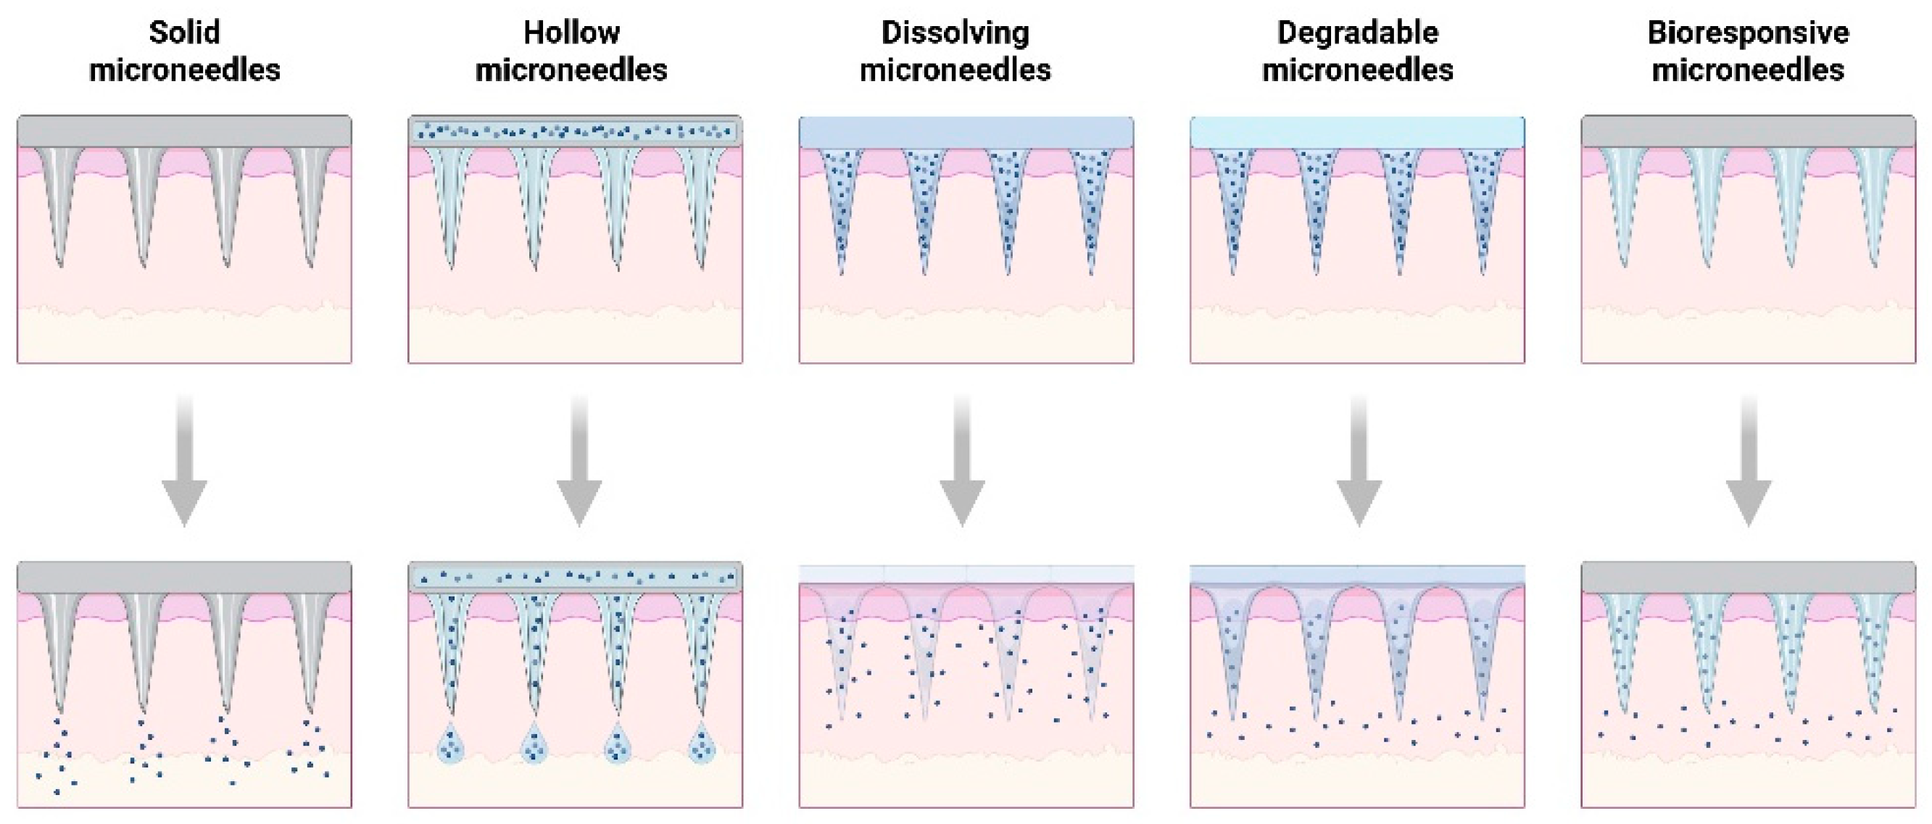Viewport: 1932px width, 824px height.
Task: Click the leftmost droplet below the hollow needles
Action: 451,744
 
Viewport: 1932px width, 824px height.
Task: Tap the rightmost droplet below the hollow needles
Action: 701,744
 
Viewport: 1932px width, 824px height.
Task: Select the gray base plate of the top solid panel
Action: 184,132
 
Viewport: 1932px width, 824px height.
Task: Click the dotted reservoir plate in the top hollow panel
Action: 575,132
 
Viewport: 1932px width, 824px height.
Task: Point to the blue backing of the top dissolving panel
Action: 966,132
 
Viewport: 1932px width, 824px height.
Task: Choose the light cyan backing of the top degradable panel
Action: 1358,132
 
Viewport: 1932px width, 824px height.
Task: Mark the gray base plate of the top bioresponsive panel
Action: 1749,132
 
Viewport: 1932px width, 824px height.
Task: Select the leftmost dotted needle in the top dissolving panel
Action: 841,202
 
